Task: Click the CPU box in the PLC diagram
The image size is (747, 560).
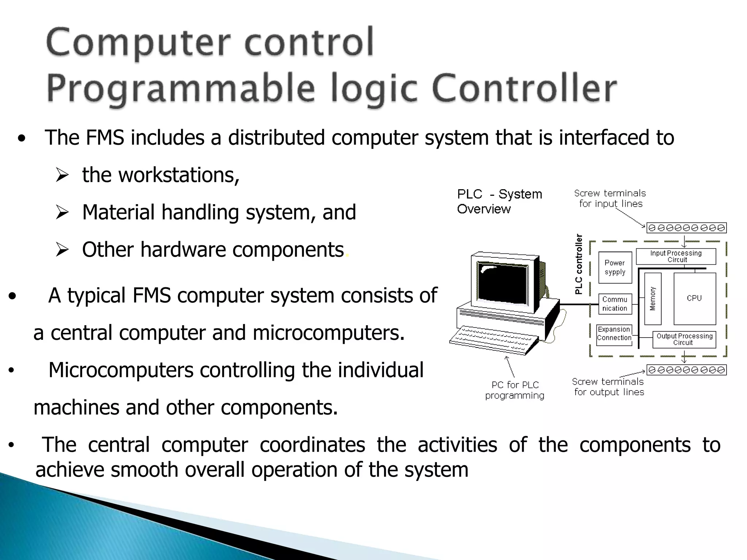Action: tap(694, 298)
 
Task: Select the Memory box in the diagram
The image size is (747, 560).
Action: tap(653, 299)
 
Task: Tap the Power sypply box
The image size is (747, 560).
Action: tap(615, 267)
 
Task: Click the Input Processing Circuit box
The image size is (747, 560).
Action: tap(676, 256)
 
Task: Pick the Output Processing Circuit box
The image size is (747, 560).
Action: tap(684, 339)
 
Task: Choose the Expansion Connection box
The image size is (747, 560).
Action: tap(614, 334)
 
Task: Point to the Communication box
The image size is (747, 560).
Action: tap(615, 304)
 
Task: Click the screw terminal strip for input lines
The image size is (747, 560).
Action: tap(686, 228)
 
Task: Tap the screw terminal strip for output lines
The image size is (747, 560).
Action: tap(686, 370)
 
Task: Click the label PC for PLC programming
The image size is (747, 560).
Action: tap(515, 390)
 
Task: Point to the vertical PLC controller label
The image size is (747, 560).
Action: tap(579, 264)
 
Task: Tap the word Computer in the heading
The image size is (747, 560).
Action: tap(139, 43)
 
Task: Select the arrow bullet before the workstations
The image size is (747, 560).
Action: tap(62, 175)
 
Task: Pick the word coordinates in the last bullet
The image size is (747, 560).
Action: tap(312, 445)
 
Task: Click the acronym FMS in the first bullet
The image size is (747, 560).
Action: tap(105, 138)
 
